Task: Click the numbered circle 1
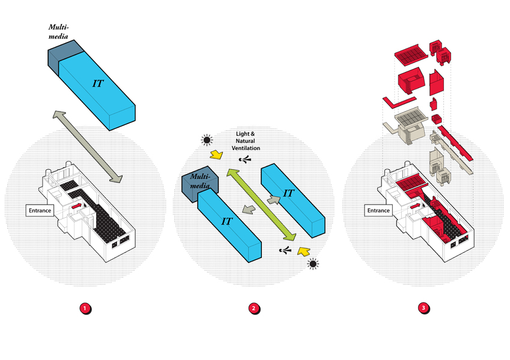pyautogui.click(x=85, y=308)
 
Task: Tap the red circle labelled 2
pyautogui.click(x=254, y=308)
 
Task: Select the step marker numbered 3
pyautogui.click(x=424, y=308)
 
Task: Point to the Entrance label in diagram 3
pyautogui.click(x=378, y=211)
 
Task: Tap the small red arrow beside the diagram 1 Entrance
pyautogui.click(x=76, y=205)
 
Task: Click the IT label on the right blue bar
pyautogui.click(x=288, y=193)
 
